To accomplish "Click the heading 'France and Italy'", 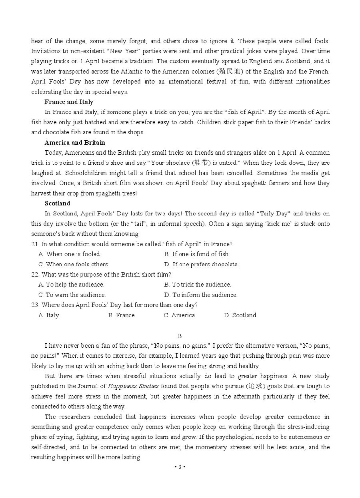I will pyautogui.click(x=69, y=102).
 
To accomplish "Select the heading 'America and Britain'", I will pyautogui.click(x=75, y=143).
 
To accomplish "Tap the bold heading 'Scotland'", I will pyautogui.click(x=57, y=203).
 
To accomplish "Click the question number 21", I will pyautogui.click(x=35, y=244).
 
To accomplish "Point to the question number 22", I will pyautogui.click(x=35, y=275).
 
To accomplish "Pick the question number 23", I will pyautogui.click(x=35, y=305).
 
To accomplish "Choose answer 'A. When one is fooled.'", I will pyautogui.click(x=70, y=254).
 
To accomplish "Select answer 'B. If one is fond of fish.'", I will pyautogui.click(x=197, y=254).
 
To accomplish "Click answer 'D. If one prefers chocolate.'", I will pyautogui.click(x=201, y=264).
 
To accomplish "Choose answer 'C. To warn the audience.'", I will pyautogui.click(x=72, y=295).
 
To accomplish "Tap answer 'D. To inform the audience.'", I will pyautogui.click(x=200, y=295).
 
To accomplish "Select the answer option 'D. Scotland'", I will pyautogui.click(x=240, y=315).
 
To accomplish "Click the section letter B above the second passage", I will pyautogui.click(x=180, y=336).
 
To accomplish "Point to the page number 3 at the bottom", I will pyautogui.click(x=180, y=467).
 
